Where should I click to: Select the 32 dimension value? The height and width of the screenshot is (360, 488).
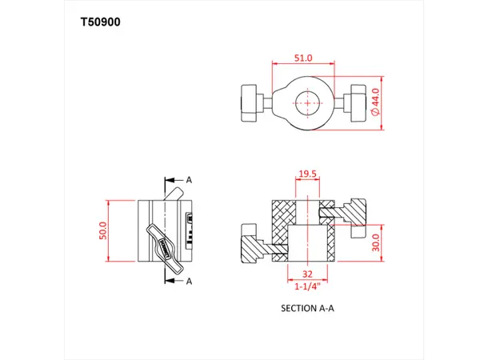tap(307, 274)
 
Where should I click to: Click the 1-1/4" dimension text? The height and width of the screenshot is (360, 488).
tap(307, 285)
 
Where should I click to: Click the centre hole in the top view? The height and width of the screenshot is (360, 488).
tap(307, 103)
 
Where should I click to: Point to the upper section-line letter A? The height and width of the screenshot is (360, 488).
tap(190, 180)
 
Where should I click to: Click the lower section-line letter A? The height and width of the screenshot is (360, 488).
tap(190, 282)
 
